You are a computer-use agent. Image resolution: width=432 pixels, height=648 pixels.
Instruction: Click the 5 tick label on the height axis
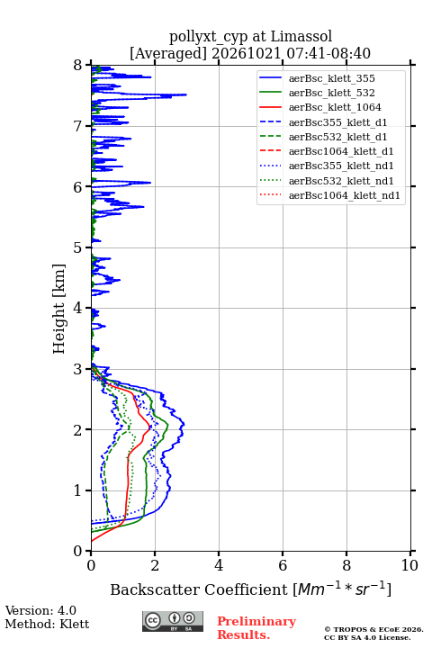[x=77, y=248]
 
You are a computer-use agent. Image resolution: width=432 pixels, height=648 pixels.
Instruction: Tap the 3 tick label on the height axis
[x=77, y=369]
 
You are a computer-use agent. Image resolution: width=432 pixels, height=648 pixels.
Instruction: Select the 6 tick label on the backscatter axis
[x=283, y=565]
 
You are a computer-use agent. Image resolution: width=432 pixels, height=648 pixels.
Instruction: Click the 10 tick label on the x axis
[x=409, y=565]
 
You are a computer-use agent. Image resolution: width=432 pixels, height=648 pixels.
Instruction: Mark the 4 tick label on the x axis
[x=219, y=565]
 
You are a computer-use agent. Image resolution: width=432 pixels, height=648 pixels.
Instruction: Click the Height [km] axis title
[x=59, y=309]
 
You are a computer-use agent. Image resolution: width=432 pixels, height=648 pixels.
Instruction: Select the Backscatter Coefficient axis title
[x=250, y=589]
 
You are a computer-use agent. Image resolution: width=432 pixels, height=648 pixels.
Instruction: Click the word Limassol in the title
[x=301, y=36]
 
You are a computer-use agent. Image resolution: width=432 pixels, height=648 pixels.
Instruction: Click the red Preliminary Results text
[x=256, y=628]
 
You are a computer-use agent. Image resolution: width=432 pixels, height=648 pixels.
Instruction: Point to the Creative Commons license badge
[x=173, y=622]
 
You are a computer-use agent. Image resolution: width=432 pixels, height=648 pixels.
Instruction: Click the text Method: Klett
[x=47, y=624]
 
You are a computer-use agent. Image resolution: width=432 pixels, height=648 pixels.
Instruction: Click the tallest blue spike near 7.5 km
[x=186, y=94]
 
